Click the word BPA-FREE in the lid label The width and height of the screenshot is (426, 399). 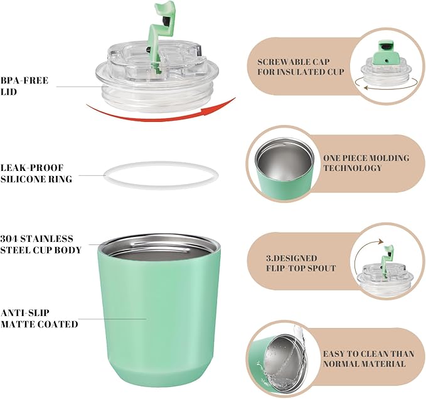(24, 80)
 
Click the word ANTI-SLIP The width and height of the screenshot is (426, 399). (24, 313)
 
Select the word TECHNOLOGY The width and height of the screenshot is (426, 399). (353, 168)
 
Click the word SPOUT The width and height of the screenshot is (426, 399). (321, 268)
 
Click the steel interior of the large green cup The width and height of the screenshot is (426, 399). (160, 250)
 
